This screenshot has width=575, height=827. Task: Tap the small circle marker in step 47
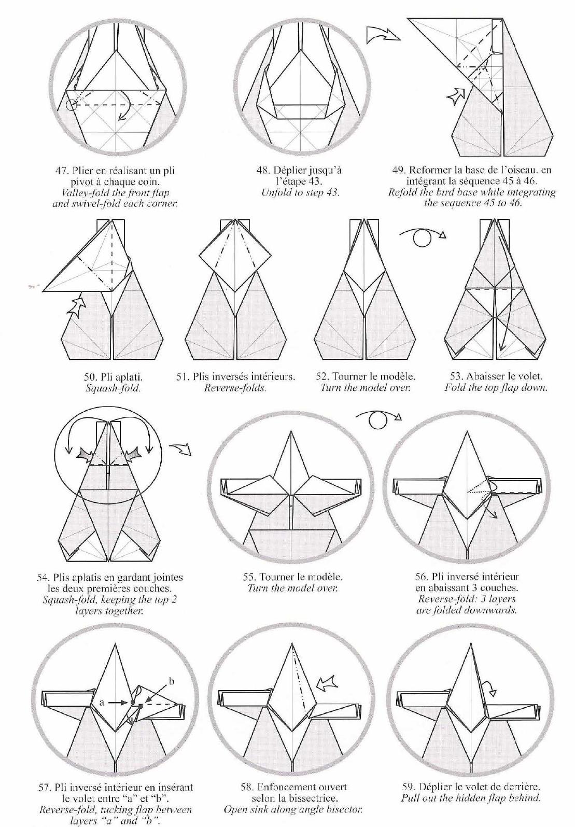click(71, 105)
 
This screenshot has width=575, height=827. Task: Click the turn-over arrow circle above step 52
click(420, 239)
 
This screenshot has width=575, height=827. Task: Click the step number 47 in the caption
click(61, 171)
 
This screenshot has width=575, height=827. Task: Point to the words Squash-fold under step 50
click(113, 388)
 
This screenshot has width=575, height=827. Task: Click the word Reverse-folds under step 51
click(235, 388)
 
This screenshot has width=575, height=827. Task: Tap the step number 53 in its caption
click(455, 376)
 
